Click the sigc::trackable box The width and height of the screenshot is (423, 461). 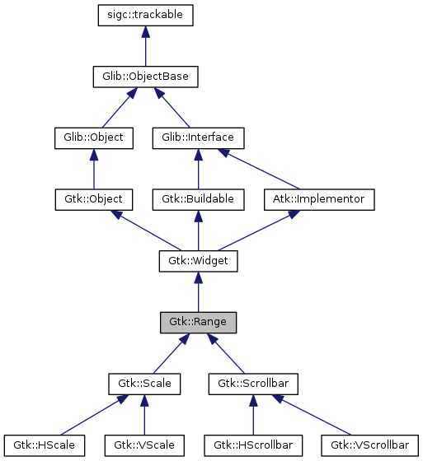(x=145, y=15)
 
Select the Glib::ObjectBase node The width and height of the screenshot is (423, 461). (x=145, y=77)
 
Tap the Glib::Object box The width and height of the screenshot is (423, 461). (x=93, y=137)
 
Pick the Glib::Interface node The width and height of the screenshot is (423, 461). (x=198, y=137)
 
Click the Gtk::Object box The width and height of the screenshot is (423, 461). (x=93, y=199)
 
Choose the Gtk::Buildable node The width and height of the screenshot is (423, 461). (x=198, y=199)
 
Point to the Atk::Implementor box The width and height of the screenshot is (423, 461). (x=320, y=199)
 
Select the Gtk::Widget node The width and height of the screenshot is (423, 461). (x=198, y=261)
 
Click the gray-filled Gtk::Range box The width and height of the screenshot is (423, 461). (x=198, y=322)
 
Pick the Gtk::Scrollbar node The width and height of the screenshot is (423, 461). (x=253, y=384)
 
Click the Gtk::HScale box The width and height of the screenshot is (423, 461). (x=46, y=445)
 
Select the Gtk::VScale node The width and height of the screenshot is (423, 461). (x=144, y=445)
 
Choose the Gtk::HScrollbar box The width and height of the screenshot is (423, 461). (x=253, y=445)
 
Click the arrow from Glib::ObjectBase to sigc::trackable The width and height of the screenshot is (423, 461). (x=145, y=46)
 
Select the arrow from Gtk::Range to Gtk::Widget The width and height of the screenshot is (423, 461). (x=198, y=292)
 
